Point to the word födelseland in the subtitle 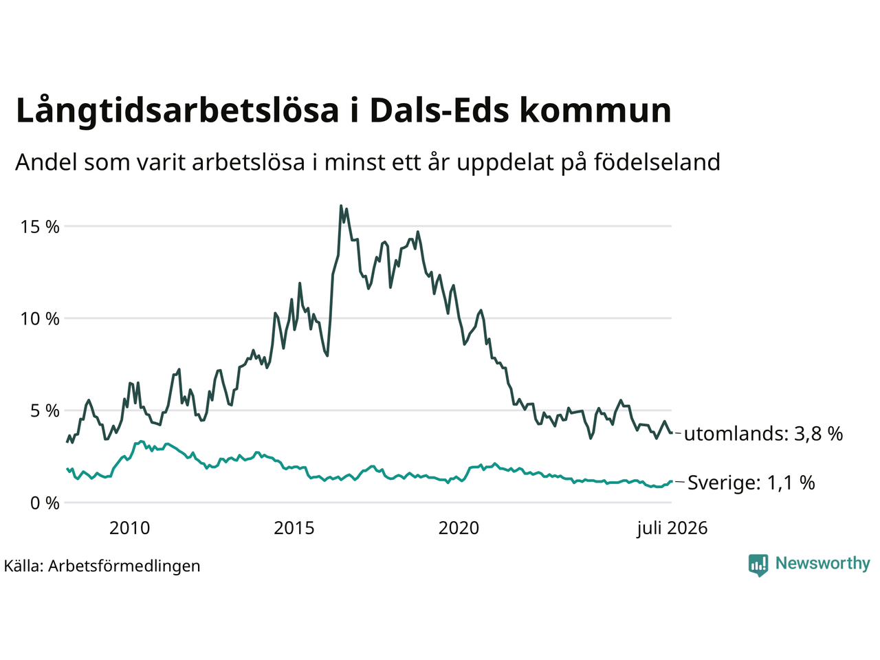coord(657,162)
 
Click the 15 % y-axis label coord(40,227)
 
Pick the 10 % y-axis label coord(40,319)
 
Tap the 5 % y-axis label coord(45,410)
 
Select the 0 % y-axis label coord(45,503)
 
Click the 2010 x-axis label coord(129,528)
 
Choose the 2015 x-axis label coord(294,528)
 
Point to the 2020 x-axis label coord(459,528)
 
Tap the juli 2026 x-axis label coord(672,529)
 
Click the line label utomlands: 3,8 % coord(763,434)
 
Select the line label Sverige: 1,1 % coord(751,482)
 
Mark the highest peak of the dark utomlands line coord(341,206)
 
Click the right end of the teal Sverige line coord(672,481)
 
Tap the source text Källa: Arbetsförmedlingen coord(102,566)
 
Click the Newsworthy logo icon coord(758,565)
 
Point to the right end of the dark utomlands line coord(672,432)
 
